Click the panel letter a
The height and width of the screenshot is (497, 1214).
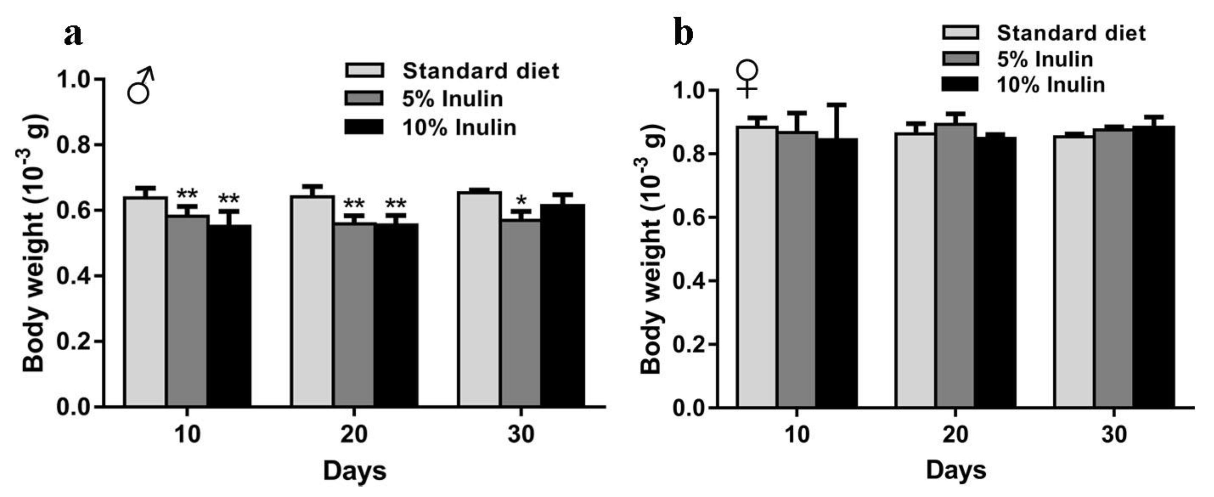pyautogui.click(x=73, y=34)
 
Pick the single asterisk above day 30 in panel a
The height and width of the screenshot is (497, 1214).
pyautogui.click(x=521, y=201)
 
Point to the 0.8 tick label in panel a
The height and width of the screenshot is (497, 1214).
pyautogui.click(x=73, y=145)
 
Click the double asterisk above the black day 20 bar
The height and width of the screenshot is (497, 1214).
pyautogui.click(x=396, y=204)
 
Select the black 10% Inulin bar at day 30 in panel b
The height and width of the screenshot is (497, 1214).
pyautogui.click(x=1154, y=266)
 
